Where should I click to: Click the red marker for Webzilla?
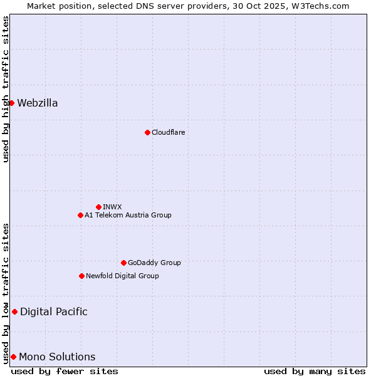[x=11, y=103]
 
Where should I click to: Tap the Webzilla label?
[x=38, y=103]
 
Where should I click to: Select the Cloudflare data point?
[x=147, y=132]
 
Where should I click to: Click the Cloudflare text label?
[x=168, y=132]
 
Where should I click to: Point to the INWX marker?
[x=98, y=207]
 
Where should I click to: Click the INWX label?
[x=112, y=207]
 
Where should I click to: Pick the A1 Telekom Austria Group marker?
[x=80, y=215]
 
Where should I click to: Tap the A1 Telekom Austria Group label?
[x=128, y=215]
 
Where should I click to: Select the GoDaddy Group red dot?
[x=123, y=263]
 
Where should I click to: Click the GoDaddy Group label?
[x=154, y=263]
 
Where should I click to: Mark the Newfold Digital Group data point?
[x=81, y=276]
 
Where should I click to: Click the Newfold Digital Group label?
[x=122, y=276]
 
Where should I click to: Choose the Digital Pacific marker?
[x=14, y=311]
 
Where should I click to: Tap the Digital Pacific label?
[x=54, y=312]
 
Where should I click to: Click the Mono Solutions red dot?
[x=13, y=357]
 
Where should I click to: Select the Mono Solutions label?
[x=57, y=357]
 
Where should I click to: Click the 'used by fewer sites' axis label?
[x=65, y=371]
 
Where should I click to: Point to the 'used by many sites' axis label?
[x=315, y=371]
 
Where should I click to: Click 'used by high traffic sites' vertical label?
[x=6, y=89]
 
